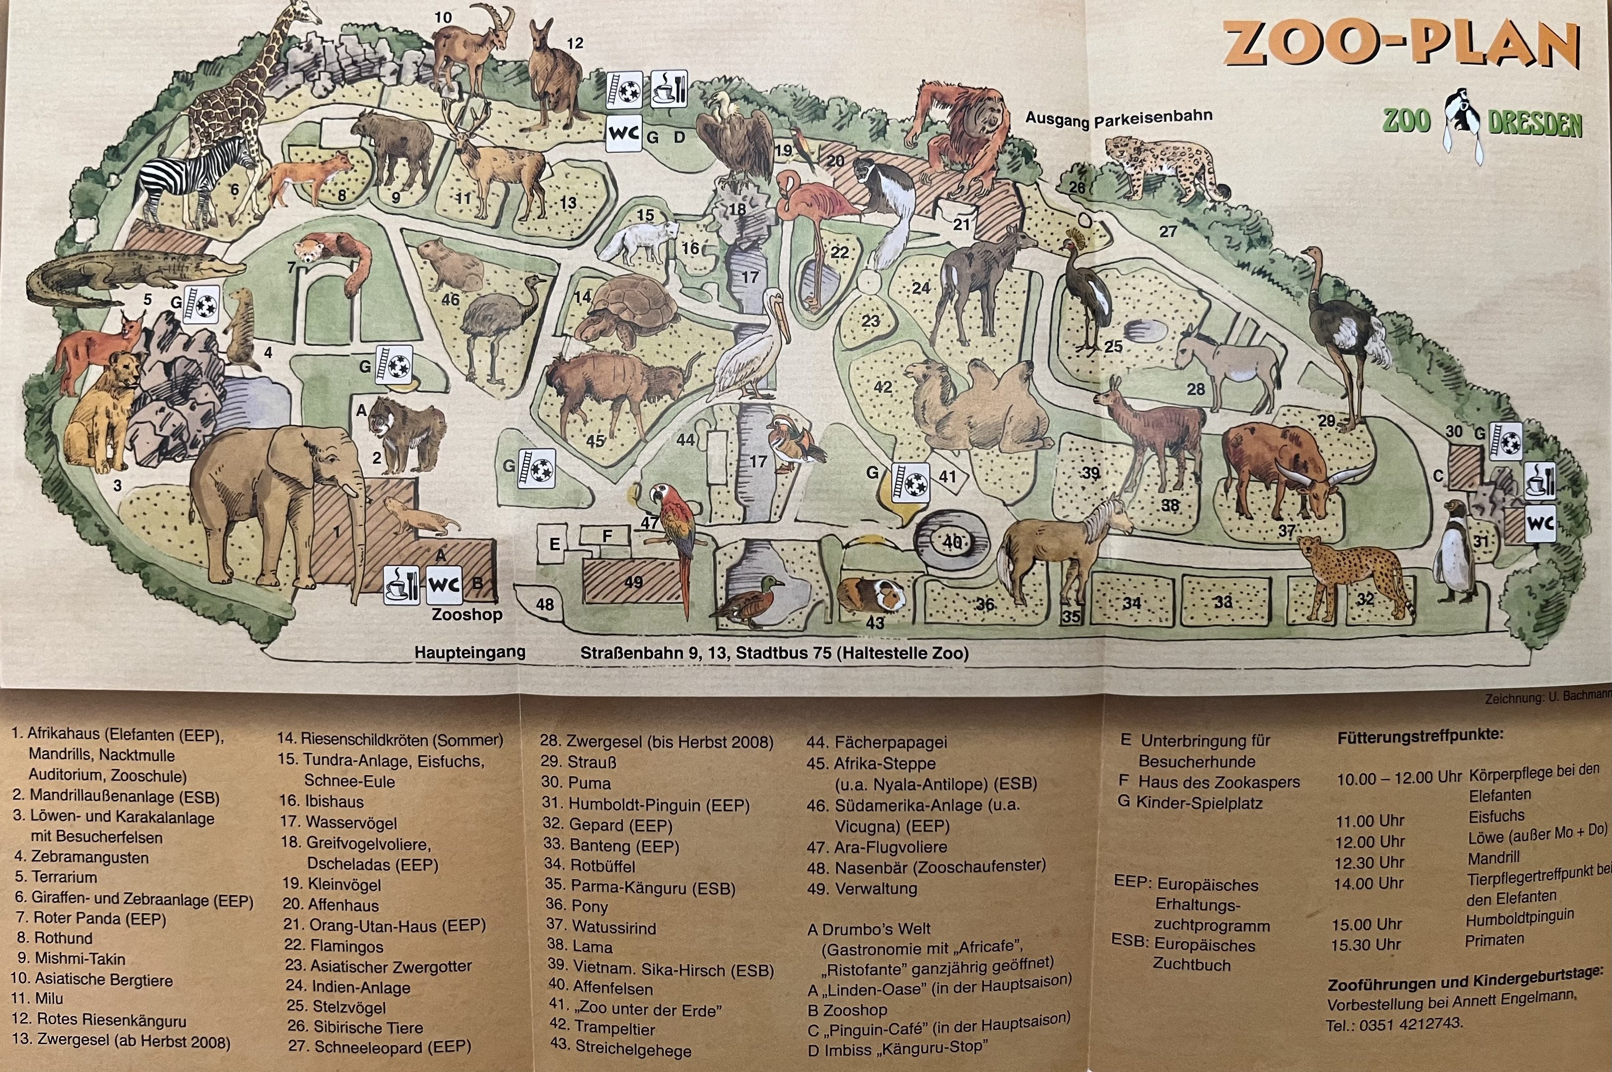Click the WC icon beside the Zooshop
(444, 585)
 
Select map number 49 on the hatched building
(633, 582)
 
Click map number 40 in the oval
(952, 542)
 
